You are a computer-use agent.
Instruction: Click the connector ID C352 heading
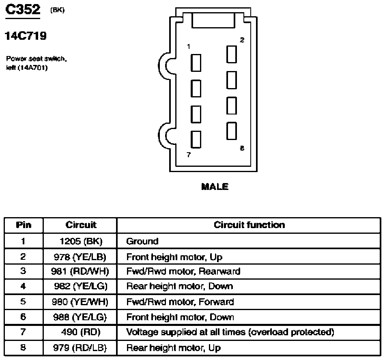(x=23, y=10)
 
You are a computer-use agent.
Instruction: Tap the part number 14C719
(x=26, y=36)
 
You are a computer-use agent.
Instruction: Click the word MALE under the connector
(x=215, y=187)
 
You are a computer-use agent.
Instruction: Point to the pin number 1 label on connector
(x=189, y=46)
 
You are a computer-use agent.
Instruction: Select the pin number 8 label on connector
(x=242, y=148)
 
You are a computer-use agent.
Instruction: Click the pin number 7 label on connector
(x=189, y=155)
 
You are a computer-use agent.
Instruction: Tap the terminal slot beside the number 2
(x=232, y=54)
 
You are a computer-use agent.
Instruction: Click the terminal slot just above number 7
(x=196, y=140)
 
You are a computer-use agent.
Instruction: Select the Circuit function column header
(x=249, y=225)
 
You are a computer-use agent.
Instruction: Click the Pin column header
(x=24, y=225)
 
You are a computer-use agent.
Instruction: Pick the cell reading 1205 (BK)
(x=81, y=241)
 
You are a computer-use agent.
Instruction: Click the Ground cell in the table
(x=142, y=241)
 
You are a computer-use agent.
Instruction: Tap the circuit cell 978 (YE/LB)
(x=80, y=257)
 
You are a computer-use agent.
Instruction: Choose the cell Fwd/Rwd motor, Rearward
(x=183, y=272)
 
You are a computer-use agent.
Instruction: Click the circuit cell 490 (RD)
(x=81, y=332)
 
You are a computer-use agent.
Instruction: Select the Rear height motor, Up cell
(x=173, y=348)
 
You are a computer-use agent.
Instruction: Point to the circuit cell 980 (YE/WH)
(x=80, y=302)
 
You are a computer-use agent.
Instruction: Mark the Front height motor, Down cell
(x=180, y=317)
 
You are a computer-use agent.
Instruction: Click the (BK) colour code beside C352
(x=58, y=10)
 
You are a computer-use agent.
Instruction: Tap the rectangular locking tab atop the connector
(x=213, y=20)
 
